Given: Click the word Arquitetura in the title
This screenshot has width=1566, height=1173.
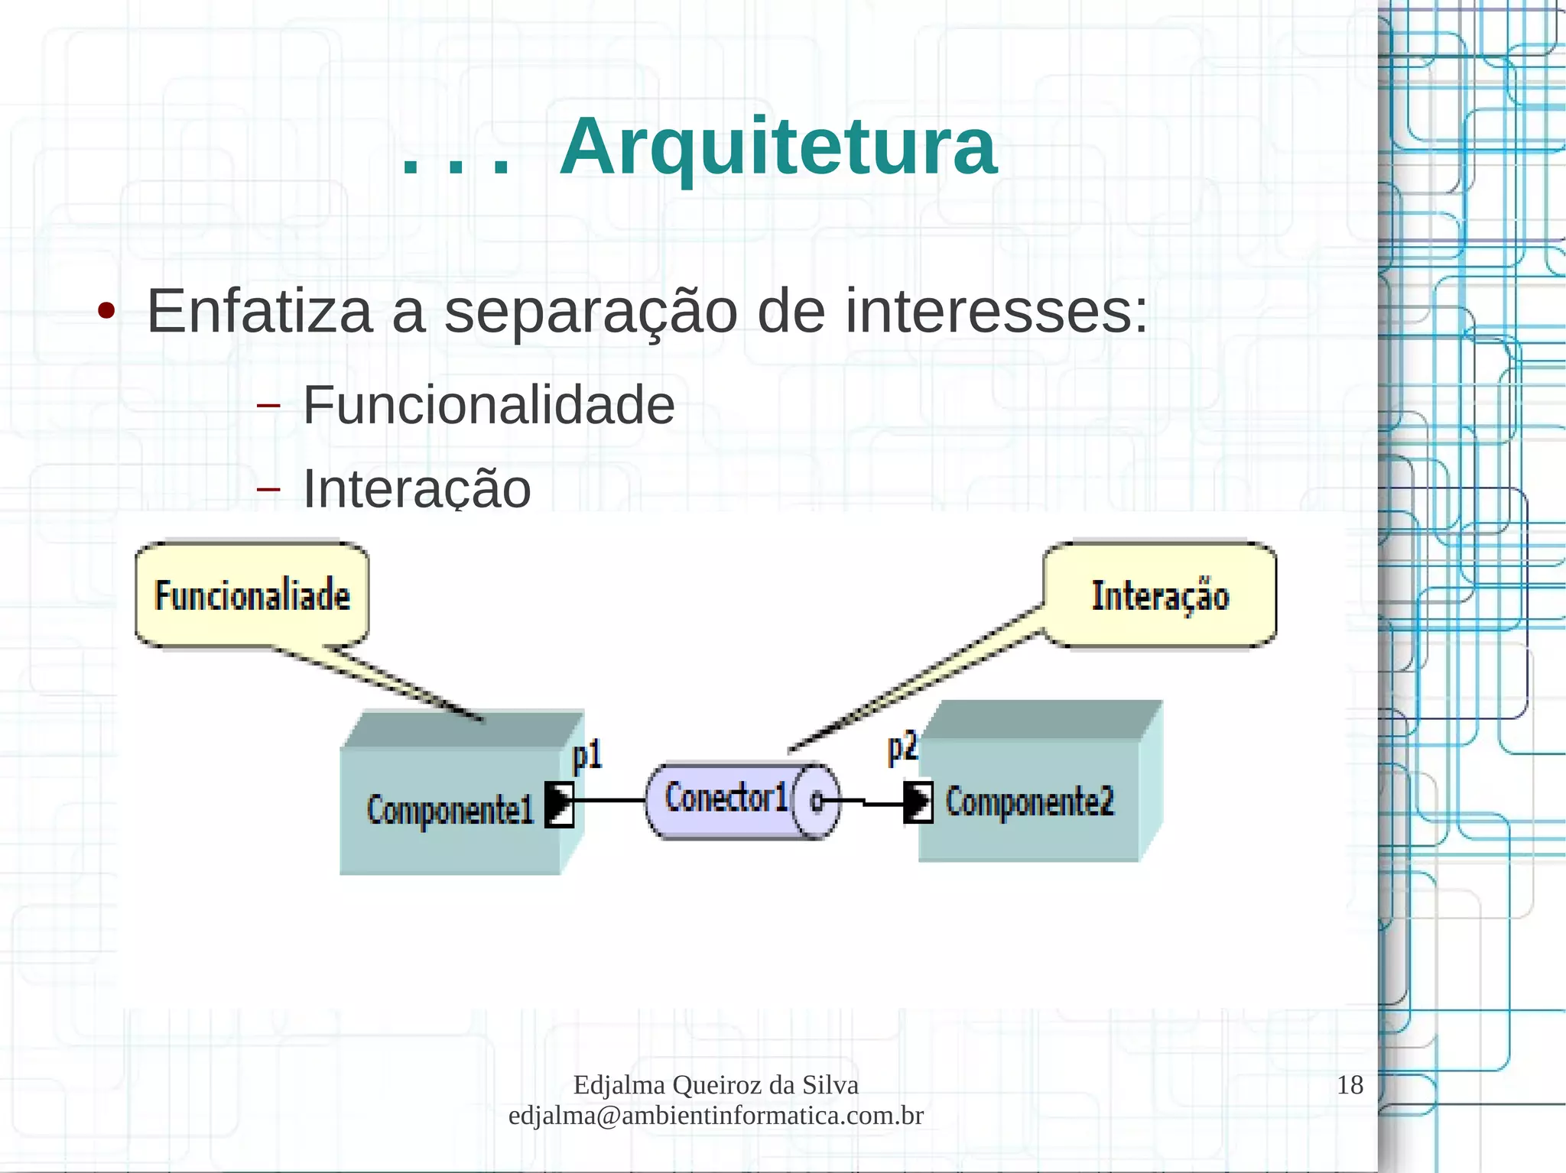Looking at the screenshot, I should [x=778, y=147].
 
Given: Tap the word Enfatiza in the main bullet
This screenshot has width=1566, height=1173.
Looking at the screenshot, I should [x=259, y=312].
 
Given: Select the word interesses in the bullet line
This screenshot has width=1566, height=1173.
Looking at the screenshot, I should [x=996, y=312].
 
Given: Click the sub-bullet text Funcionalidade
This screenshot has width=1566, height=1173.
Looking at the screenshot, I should [x=489, y=405].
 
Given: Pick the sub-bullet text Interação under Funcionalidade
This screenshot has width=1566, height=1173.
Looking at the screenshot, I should [x=417, y=489].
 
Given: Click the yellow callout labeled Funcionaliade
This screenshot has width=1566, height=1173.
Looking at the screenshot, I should [x=252, y=595].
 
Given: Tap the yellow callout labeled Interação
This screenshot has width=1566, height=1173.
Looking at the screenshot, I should [x=1159, y=595].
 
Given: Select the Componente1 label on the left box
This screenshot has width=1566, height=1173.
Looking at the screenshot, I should [x=450, y=810].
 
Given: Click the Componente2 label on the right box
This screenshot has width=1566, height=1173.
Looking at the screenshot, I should [x=1029, y=802].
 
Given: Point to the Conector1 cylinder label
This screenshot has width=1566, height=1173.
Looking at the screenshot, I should [x=726, y=798].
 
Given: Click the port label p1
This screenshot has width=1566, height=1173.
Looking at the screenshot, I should [x=587, y=755].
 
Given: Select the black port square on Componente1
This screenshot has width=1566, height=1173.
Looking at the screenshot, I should [x=559, y=804].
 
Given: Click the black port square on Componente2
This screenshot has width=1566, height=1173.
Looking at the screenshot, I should [x=918, y=802].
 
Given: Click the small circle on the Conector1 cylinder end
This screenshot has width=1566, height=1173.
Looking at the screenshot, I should [x=816, y=802].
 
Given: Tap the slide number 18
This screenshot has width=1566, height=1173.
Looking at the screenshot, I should [x=1350, y=1085].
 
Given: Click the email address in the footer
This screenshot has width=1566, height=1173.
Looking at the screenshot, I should [x=716, y=1116].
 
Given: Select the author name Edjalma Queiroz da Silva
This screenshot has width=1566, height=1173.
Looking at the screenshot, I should [x=716, y=1085].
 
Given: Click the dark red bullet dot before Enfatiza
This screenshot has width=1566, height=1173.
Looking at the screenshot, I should [x=106, y=311].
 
